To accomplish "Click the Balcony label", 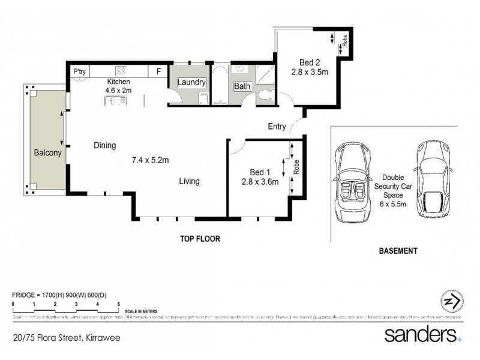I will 46,153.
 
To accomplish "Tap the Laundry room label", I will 192,82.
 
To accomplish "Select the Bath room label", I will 242,86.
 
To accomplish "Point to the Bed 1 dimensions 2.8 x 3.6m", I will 260,182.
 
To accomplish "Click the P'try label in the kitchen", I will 80,71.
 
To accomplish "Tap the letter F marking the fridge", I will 158,71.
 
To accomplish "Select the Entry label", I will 277,126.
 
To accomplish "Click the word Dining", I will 104,145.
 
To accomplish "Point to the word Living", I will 188,181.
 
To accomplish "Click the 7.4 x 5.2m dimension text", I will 151,160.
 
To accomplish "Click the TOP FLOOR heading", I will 200,238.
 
